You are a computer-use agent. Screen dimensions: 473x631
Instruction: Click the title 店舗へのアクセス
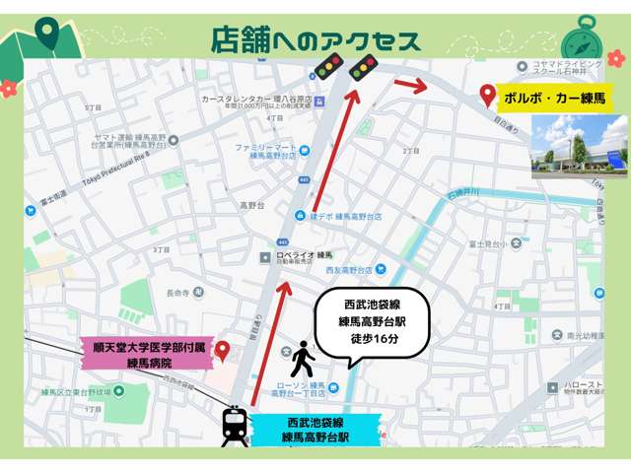(x=315, y=39)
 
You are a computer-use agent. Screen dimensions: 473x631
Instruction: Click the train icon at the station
(x=235, y=426)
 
